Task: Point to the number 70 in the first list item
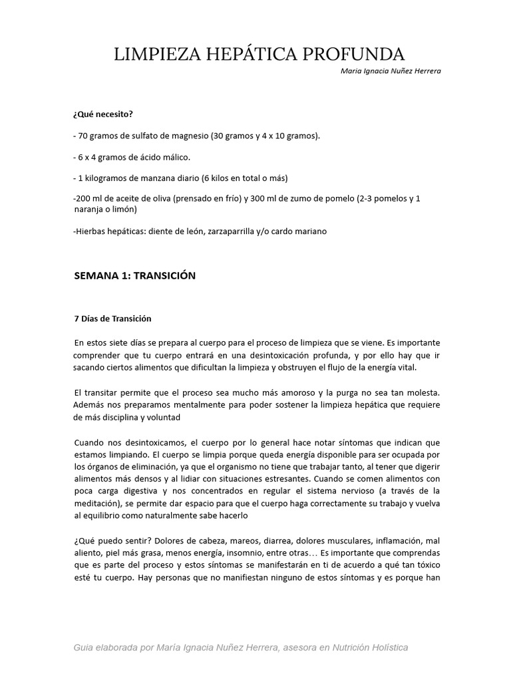(83, 136)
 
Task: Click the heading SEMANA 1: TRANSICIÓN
(134, 275)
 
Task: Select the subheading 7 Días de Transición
(113, 318)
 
